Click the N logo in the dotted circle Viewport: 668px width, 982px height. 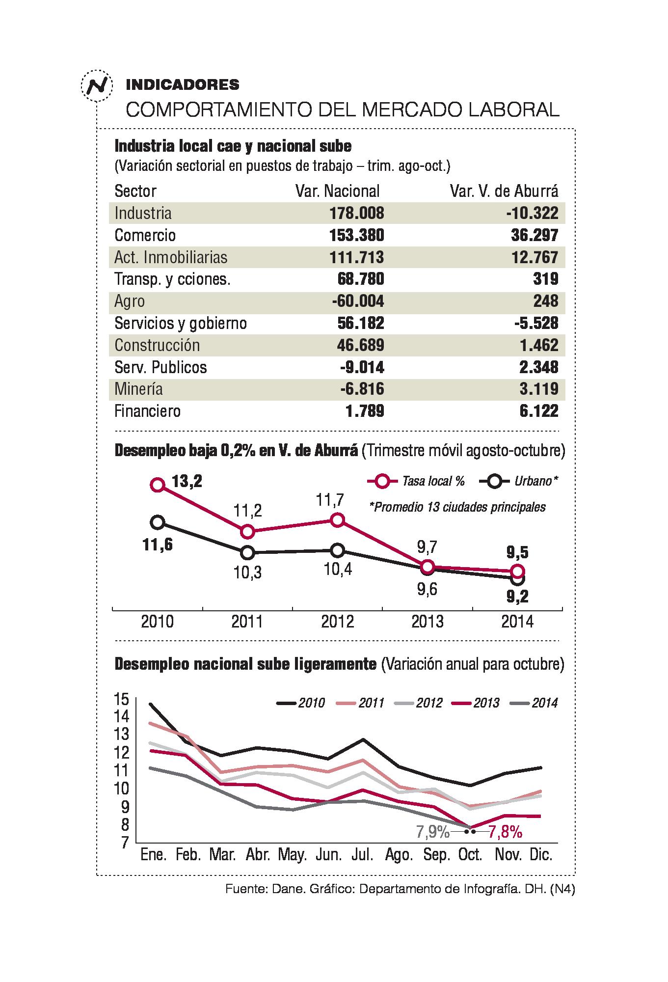click(x=96, y=85)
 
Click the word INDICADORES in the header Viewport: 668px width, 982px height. click(x=183, y=85)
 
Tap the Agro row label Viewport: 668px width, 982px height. click(x=130, y=301)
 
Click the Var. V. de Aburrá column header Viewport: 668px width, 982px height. click(x=504, y=191)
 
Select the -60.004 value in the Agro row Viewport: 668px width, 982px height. click(x=355, y=301)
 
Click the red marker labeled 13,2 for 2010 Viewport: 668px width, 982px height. click(x=158, y=485)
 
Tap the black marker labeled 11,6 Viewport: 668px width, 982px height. click(x=158, y=522)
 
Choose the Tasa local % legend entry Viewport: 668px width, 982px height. click(x=417, y=481)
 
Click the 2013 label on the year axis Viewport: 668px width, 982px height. click(x=428, y=622)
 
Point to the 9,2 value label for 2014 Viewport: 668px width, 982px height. click(x=518, y=597)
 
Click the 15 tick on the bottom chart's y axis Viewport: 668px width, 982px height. click(x=121, y=698)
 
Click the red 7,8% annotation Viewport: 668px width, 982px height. click(x=505, y=832)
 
